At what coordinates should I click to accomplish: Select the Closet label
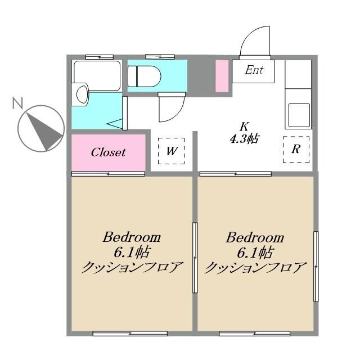[108, 152]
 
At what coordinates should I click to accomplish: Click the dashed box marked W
[172, 151]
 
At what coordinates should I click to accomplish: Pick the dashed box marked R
[295, 150]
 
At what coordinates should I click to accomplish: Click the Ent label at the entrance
[254, 71]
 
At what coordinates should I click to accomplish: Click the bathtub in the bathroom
[97, 75]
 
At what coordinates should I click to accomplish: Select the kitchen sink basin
[299, 115]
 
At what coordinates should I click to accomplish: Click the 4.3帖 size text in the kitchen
[244, 138]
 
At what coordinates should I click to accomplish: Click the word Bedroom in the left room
[131, 237]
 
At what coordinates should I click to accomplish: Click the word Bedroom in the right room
[254, 237]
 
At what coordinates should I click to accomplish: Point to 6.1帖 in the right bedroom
[254, 251]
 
